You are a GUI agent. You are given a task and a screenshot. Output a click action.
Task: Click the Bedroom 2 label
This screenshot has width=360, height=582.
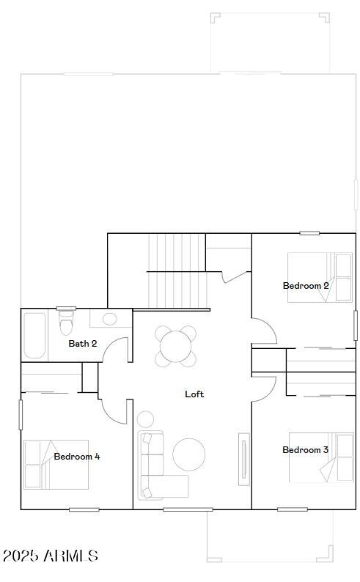(x=306, y=286)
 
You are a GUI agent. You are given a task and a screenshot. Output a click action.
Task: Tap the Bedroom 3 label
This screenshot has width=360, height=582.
(x=305, y=450)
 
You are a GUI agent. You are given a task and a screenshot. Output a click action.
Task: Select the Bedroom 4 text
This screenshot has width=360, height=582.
(x=77, y=457)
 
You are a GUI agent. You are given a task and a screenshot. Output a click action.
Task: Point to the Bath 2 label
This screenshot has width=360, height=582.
(x=83, y=344)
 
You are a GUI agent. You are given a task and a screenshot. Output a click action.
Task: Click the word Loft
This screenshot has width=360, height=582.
(x=194, y=394)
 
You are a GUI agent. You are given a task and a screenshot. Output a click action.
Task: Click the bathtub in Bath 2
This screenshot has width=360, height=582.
(x=34, y=336)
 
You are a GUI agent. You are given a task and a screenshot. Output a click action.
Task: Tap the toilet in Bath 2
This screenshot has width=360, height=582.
(x=66, y=323)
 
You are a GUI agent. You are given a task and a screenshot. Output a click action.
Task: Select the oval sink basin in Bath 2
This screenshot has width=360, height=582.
(x=109, y=319)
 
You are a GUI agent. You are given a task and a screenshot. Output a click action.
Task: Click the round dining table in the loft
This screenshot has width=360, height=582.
(x=176, y=346)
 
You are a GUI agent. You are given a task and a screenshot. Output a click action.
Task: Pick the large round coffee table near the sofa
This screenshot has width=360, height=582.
(x=189, y=454)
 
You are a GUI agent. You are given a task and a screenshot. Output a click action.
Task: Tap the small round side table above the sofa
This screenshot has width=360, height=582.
(x=145, y=419)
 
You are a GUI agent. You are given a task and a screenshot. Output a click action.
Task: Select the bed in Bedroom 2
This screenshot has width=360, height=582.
(x=320, y=277)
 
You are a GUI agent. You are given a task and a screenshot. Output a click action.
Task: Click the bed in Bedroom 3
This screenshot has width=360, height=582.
(x=321, y=457)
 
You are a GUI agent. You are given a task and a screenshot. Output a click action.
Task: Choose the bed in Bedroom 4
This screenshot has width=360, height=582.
(x=56, y=464)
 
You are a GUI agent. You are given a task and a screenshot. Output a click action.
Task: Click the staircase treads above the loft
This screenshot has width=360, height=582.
(x=176, y=270)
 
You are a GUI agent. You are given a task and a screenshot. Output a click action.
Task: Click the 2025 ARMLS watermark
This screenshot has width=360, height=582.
(x=50, y=556)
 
